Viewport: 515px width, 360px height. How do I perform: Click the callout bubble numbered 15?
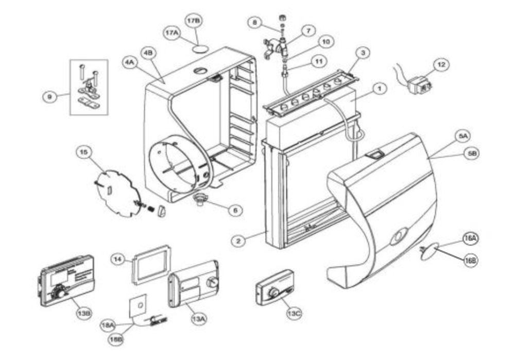coord(84,152)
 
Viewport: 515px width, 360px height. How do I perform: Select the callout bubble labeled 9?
coord(49,96)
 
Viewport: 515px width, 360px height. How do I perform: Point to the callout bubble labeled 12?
coord(440,65)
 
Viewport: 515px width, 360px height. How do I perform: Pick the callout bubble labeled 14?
coord(118,260)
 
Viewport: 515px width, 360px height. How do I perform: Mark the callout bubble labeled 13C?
coord(295,313)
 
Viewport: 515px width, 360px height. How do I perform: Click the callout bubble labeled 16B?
coord(470,261)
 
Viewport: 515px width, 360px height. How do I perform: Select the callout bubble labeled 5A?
coord(462,136)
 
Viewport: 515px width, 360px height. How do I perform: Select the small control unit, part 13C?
coord(274,287)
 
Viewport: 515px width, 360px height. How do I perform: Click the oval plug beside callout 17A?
coord(200,47)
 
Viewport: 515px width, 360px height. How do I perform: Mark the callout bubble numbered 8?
coord(254,22)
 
